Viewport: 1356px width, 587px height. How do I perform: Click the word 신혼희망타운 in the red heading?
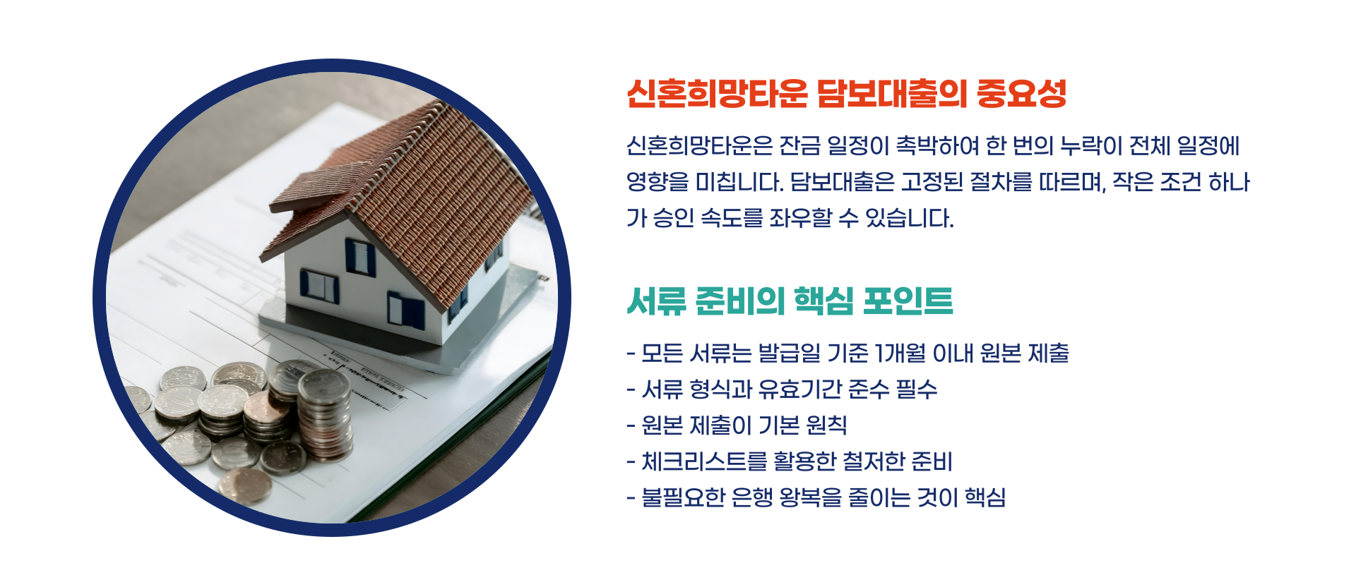(x=716, y=94)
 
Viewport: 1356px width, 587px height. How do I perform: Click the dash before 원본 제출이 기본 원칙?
(x=631, y=426)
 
